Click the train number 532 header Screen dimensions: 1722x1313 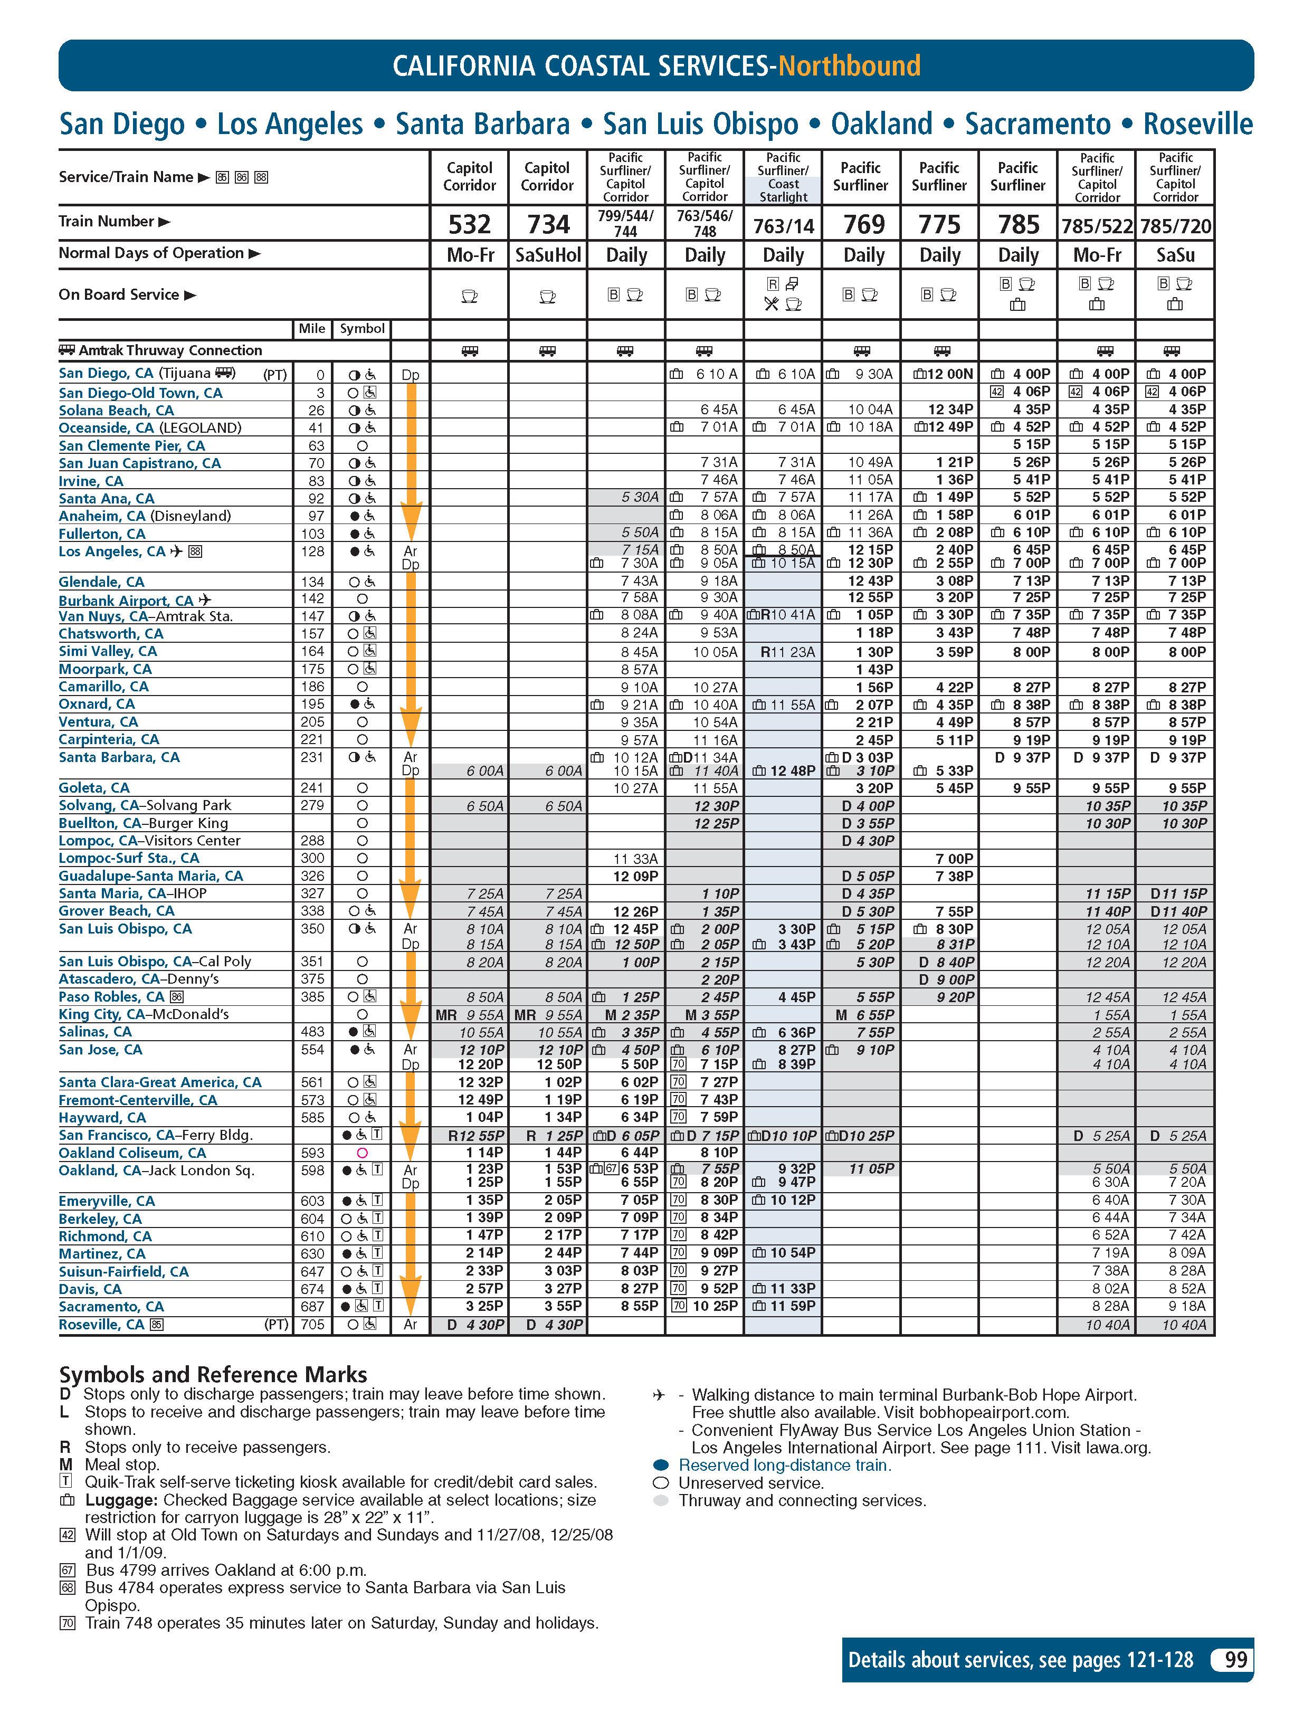click(x=469, y=224)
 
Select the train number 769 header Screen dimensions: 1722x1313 click(x=863, y=224)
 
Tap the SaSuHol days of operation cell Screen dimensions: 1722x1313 click(x=548, y=255)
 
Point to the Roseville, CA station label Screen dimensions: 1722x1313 click(x=102, y=1324)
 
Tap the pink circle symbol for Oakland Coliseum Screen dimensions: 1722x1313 click(x=362, y=1153)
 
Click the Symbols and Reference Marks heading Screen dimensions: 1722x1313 click(x=213, y=1374)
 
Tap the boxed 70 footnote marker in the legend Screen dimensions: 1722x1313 click(x=67, y=1623)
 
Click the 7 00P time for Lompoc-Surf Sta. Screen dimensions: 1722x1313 click(x=954, y=858)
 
